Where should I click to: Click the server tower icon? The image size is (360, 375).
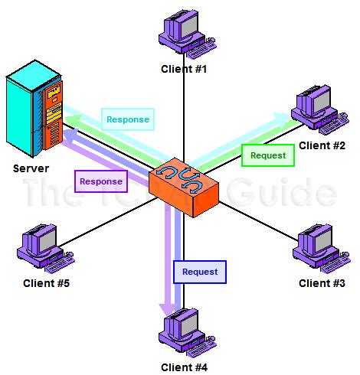[x=35, y=111]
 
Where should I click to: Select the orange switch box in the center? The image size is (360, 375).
[x=183, y=184]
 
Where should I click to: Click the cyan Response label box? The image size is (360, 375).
[x=127, y=120]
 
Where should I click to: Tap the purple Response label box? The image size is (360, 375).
[x=100, y=181]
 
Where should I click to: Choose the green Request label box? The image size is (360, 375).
[x=268, y=155]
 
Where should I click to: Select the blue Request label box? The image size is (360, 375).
[x=199, y=272]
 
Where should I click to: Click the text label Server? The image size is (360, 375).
[x=31, y=168]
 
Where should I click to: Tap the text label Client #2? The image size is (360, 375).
[x=322, y=145]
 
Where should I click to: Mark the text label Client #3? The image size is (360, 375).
[x=322, y=283]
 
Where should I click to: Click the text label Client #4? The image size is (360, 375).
[x=184, y=367]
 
